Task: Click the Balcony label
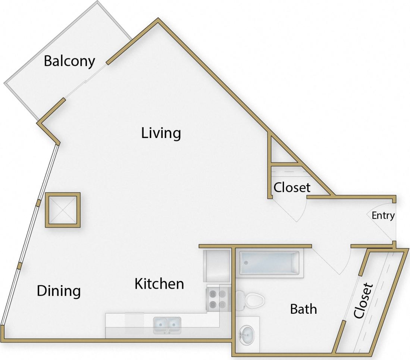[69, 61]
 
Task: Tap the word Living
[161, 133]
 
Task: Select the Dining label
[59, 291]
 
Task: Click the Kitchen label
[159, 284]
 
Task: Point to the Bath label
[303, 309]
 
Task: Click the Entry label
[383, 216]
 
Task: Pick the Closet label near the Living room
[292, 187]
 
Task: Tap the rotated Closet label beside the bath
[363, 301]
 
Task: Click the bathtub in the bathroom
[269, 263]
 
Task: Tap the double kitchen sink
[167, 325]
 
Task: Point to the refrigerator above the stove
[216, 266]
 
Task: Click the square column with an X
[63, 210]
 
